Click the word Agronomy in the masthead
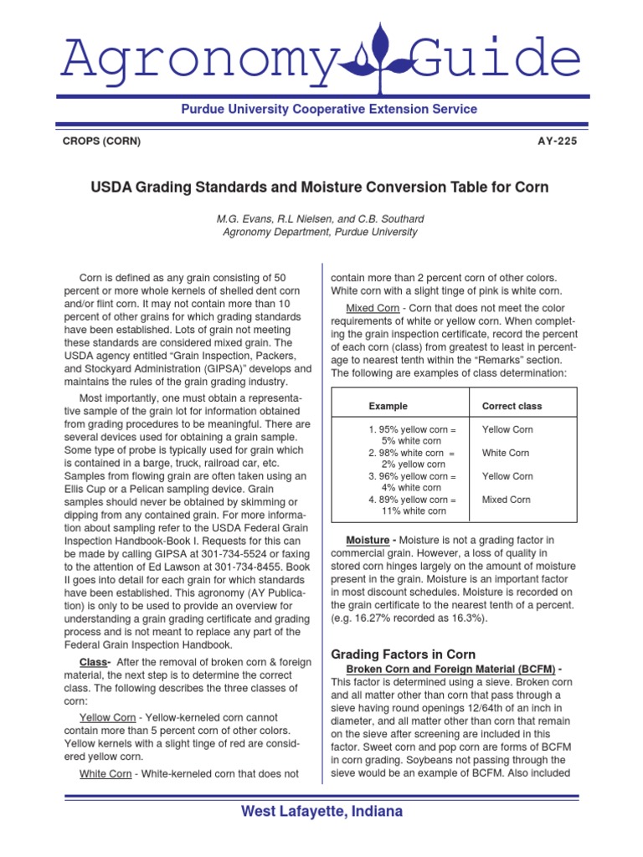click(182, 57)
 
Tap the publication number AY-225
click(557, 141)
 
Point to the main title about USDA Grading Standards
click(320, 187)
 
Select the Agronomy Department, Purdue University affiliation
click(320, 232)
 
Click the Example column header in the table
click(388, 406)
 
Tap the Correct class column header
click(512, 406)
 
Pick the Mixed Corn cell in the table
click(506, 500)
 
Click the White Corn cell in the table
click(506, 453)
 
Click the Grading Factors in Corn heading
click(404, 654)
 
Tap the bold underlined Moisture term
click(367, 541)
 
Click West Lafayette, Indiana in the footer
click(321, 812)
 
